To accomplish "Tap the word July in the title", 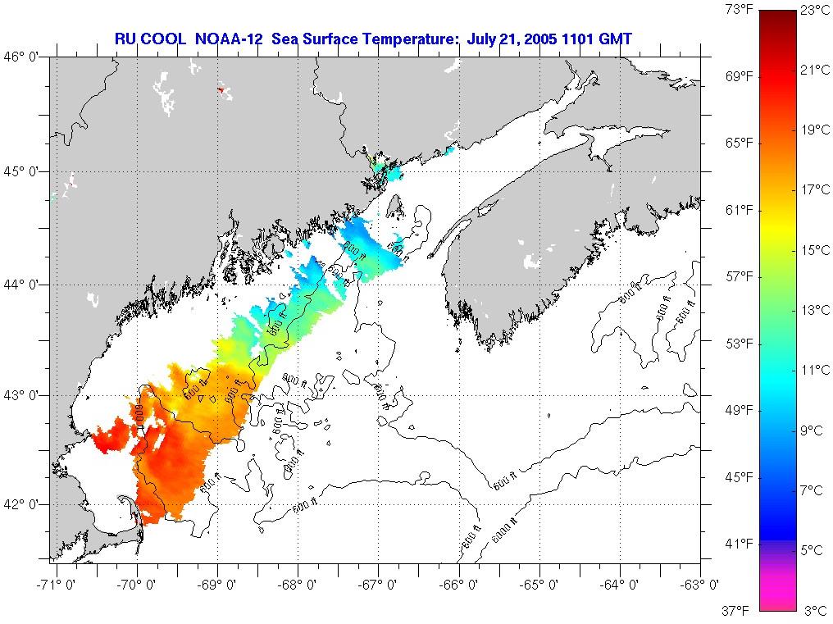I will click(482, 39).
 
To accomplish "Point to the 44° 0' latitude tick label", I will click(23, 284).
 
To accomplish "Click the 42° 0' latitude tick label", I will click(23, 503).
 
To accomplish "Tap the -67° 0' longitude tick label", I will click(379, 585).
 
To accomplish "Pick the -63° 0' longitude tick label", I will click(702, 585).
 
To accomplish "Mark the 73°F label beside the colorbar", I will click(740, 10).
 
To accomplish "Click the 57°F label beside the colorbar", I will click(740, 276).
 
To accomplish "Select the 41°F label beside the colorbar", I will click(740, 543).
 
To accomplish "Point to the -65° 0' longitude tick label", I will click(540, 585).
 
